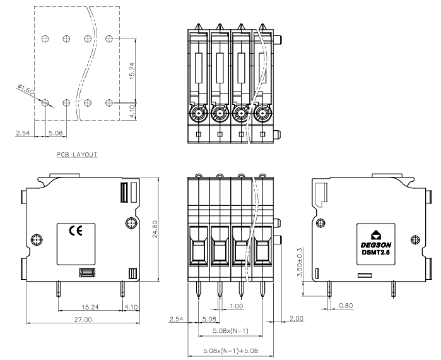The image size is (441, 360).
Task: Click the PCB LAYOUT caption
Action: click(77, 155)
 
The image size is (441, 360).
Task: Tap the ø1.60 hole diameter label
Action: click(26, 89)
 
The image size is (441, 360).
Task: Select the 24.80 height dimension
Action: click(155, 229)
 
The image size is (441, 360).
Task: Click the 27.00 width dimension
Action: click(83, 320)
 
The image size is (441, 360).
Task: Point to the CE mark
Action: click(76, 231)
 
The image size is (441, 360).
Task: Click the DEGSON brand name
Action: click(376, 245)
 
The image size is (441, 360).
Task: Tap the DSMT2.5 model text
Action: click(376, 253)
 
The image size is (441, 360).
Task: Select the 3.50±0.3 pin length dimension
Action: click(300, 262)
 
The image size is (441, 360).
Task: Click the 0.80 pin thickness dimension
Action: click(346, 306)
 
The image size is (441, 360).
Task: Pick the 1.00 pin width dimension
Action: click(236, 306)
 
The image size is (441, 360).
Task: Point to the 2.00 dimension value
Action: click(297, 318)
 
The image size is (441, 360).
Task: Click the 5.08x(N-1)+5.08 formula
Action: click(230, 351)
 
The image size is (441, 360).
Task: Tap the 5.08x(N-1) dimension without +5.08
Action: click(230, 331)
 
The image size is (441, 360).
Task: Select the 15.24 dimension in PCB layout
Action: click(132, 71)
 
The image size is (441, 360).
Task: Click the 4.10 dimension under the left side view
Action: click(131, 307)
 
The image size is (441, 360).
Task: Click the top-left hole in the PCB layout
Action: click(45, 39)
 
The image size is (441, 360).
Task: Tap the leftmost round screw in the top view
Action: click(199, 113)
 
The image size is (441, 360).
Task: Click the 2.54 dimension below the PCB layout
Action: click(23, 133)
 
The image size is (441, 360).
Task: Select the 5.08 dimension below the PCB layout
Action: click(56, 133)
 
